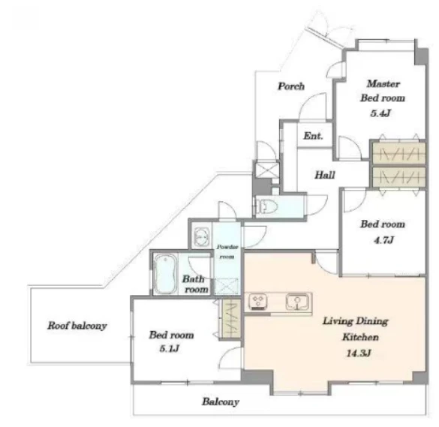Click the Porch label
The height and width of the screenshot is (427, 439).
pyautogui.click(x=291, y=86)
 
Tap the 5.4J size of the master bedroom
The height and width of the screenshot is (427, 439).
pyautogui.click(x=380, y=113)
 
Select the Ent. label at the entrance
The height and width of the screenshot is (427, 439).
pyautogui.click(x=313, y=136)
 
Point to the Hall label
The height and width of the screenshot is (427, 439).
pyautogui.click(x=325, y=175)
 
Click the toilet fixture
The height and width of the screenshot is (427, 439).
pyautogui.click(x=268, y=207)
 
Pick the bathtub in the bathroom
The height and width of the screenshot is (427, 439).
pyautogui.click(x=165, y=274)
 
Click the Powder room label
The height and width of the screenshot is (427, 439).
pyautogui.click(x=227, y=251)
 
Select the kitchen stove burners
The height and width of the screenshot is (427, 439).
pyautogui.click(x=257, y=302)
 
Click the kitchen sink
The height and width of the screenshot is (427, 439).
pyautogui.click(x=297, y=302)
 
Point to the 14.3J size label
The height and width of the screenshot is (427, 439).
pyautogui.click(x=359, y=353)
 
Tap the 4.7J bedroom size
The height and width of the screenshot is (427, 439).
pyautogui.click(x=384, y=240)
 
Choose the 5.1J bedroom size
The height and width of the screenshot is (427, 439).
pyautogui.click(x=170, y=349)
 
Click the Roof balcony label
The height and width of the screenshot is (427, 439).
pyautogui.click(x=77, y=326)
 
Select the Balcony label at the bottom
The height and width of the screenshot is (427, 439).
pyautogui.click(x=221, y=401)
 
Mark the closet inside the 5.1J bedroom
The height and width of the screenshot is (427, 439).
pyautogui.click(x=231, y=318)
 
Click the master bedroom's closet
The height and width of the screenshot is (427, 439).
pyautogui.click(x=399, y=153)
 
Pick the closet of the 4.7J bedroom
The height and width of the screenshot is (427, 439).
pyautogui.click(x=399, y=177)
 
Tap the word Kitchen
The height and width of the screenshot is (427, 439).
pyautogui.click(x=361, y=337)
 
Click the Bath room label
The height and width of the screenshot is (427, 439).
pyautogui.click(x=195, y=284)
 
